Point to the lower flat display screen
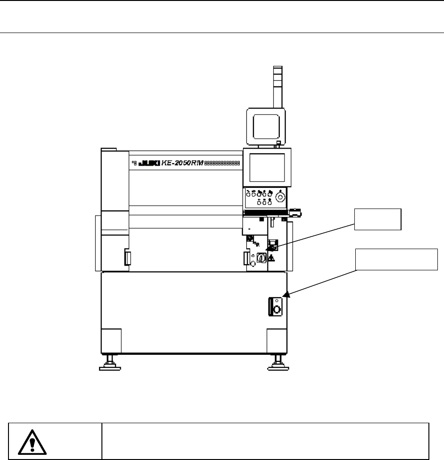click(267, 167)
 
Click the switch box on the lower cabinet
click(276, 307)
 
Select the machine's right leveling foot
click(276, 364)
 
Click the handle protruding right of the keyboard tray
click(295, 213)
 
